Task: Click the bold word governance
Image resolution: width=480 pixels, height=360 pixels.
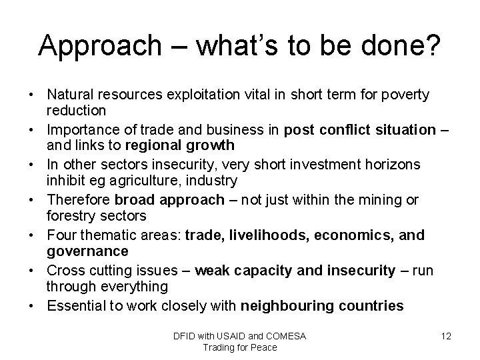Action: coord(87,251)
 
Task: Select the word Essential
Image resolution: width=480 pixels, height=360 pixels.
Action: coord(74,306)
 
